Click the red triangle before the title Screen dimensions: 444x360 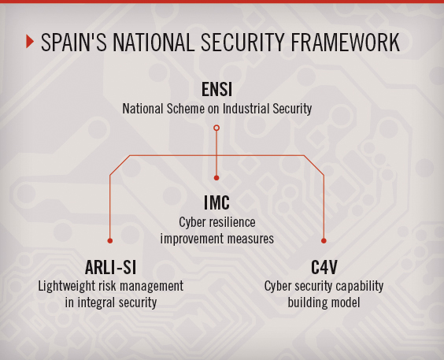(x=30, y=41)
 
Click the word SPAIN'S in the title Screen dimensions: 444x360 (x=74, y=43)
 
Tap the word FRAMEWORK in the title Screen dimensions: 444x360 (x=345, y=43)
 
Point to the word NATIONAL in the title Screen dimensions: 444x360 (x=154, y=43)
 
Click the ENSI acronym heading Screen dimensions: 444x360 (x=217, y=89)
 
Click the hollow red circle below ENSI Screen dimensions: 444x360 (x=216, y=128)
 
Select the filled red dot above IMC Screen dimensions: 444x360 (x=216, y=178)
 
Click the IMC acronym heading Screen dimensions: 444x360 (x=217, y=202)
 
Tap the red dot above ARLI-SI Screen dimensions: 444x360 (x=110, y=241)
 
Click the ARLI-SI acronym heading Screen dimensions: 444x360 (x=111, y=267)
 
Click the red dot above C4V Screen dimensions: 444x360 (x=324, y=241)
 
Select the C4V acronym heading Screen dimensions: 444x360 (x=324, y=267)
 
